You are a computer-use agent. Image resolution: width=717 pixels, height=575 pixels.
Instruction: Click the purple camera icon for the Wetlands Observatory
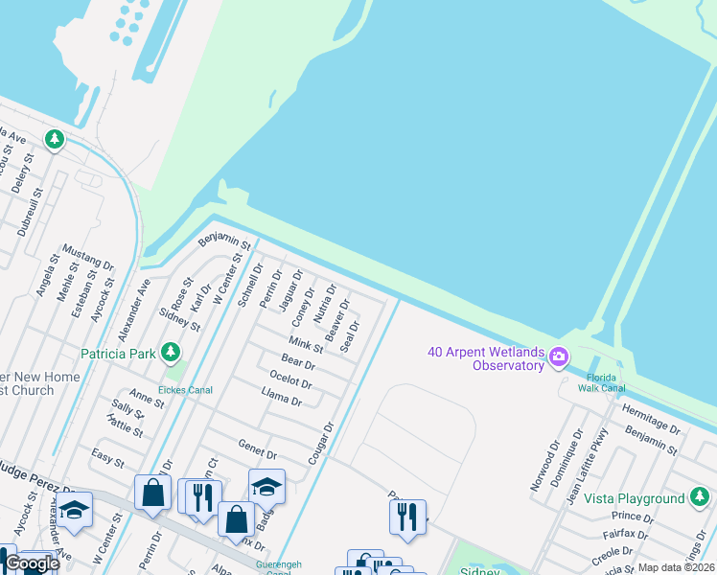tap(558, 358)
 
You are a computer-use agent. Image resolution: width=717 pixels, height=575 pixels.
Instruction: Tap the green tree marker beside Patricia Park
tap(172, 353)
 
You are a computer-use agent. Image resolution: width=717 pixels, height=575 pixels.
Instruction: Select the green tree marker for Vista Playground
tap(701, 498)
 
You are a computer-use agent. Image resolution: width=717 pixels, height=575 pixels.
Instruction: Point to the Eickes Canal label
tap(185, 390)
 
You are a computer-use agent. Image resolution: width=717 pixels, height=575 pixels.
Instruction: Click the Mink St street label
tap(306, 344)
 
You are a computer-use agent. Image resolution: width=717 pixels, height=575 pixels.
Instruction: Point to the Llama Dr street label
tap(282, 396)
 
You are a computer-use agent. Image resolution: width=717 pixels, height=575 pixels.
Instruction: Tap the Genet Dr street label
tap(257, 448)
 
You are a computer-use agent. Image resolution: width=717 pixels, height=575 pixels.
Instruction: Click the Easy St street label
tap(107, 458)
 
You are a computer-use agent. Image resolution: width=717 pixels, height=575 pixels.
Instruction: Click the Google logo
tap(33, 563)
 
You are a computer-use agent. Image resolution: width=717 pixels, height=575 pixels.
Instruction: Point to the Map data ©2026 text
tap(675, 567)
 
